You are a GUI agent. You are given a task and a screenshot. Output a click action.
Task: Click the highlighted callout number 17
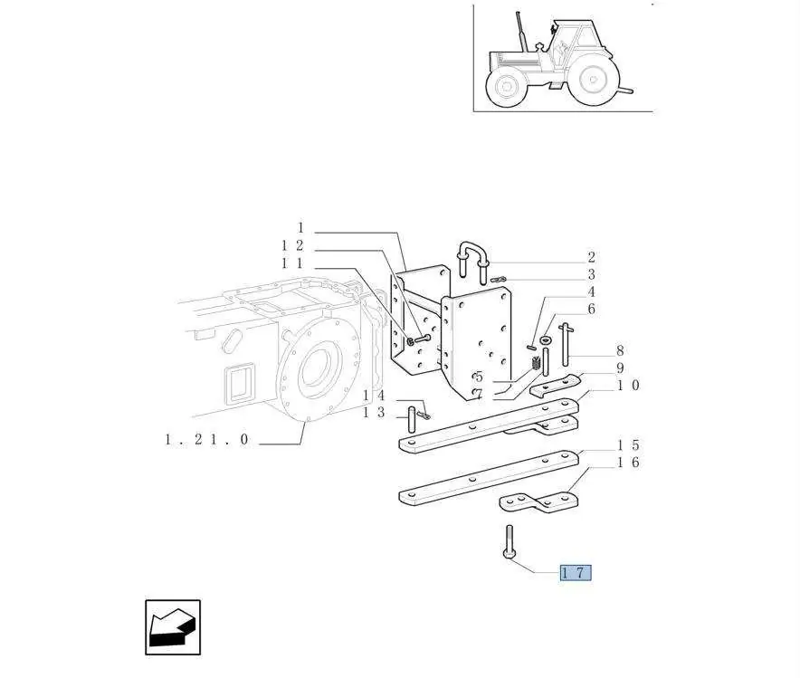point(576,572)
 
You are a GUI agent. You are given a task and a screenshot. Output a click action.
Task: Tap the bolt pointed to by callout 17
point(509,542)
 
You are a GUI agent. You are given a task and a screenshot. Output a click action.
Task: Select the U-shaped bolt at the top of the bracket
point(474,261)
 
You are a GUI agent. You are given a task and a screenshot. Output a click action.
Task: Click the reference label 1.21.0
point(206,439)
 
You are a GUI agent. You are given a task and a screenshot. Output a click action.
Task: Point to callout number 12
point(292,245)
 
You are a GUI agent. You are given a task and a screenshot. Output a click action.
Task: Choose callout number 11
point(292,263)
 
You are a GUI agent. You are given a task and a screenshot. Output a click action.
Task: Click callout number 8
point(620,350)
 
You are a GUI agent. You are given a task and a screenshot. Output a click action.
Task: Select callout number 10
point(628,386)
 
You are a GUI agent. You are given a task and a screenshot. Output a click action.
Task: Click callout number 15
point(628,445)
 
